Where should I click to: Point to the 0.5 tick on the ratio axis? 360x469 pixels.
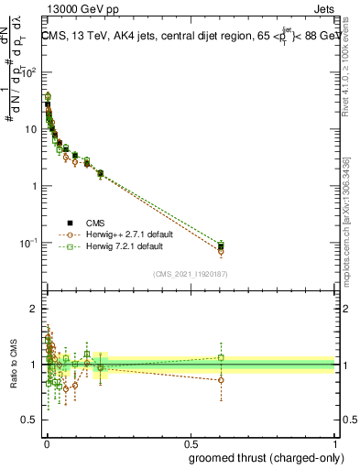click(x=29, y=420)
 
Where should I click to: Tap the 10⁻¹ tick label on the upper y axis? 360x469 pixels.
click(x=30, y=244)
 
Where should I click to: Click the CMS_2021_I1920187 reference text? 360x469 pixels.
click(x=191, y=273)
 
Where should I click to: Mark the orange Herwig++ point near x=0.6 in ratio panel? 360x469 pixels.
click(x=220, y=380)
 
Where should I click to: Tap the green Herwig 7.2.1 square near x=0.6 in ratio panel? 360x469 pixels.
click(x=220, y=357)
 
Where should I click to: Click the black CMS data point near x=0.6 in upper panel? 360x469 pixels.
click(x=220, y=246)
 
